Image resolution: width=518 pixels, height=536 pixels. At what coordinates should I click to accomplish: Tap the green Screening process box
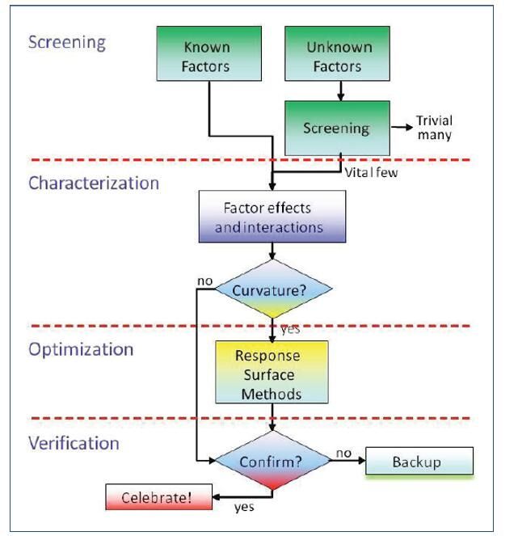(336, 128)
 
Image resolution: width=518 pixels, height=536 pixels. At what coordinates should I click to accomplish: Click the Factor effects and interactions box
(273, 217)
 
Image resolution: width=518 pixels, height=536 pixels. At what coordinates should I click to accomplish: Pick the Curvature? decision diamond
(274, 289)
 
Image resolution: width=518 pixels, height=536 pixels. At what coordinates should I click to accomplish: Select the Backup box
(419, 462)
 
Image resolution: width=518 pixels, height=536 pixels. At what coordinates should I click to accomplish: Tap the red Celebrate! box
(157, 496)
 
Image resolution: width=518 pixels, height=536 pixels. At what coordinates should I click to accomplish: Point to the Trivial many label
(434, 128)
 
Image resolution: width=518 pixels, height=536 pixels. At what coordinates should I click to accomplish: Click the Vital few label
(373, 171)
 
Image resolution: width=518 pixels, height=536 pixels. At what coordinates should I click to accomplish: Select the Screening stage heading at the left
(67, 42)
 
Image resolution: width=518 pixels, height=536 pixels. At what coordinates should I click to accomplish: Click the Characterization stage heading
(94, 183)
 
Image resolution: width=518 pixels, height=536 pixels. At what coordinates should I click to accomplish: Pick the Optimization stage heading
(81, 349)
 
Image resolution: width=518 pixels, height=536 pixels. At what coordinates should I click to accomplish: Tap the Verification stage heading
(74, 443)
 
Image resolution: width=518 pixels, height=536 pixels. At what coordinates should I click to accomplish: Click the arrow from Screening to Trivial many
(401, 128)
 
